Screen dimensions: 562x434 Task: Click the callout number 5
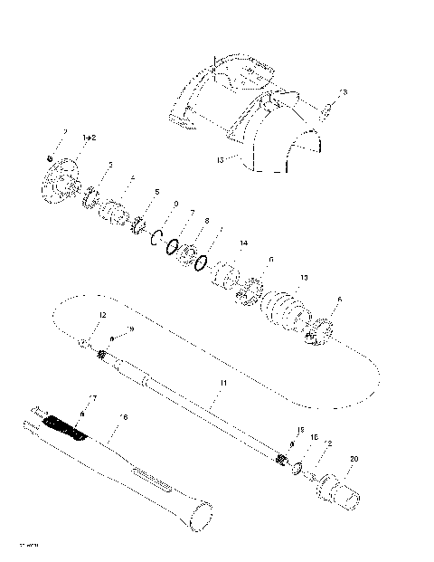(x=156, y=192)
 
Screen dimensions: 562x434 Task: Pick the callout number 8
(x=207, y=220)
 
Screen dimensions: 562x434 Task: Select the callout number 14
(x=242, y=244)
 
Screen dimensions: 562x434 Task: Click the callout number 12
(x=102, y=315)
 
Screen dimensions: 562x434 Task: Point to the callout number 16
(x=124, y=416)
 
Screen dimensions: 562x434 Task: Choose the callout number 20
(x=354, y=459)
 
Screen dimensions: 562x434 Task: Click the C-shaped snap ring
(x=156, y=239)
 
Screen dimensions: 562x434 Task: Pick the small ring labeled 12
(x=82, y=344)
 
